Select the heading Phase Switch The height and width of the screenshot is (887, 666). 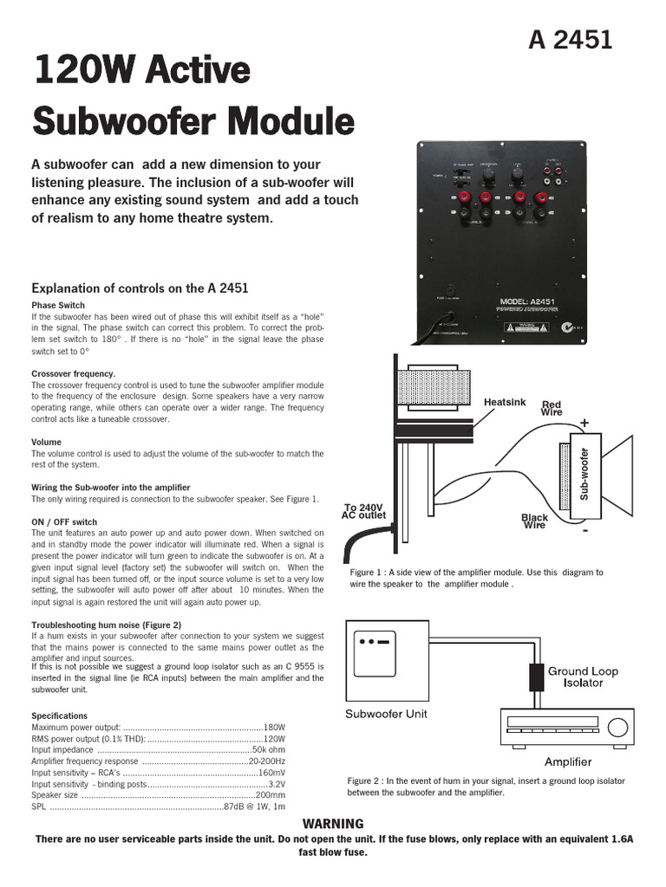(58, 306)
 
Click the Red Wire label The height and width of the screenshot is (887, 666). (552, 408)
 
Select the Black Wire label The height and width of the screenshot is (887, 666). (535, 521)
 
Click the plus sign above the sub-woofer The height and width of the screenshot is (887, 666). (584, 423)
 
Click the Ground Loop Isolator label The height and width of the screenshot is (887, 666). (582, 677)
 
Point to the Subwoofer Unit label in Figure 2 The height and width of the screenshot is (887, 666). (386, 715)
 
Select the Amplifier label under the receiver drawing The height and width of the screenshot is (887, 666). (567, 762)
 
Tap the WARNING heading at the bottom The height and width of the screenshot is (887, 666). (332, 824)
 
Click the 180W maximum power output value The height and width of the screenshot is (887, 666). (274, 727)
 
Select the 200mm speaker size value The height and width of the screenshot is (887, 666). (271, 795)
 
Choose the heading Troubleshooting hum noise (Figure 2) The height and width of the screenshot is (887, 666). (106, 625)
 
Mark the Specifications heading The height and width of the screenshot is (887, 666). (60, 715)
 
